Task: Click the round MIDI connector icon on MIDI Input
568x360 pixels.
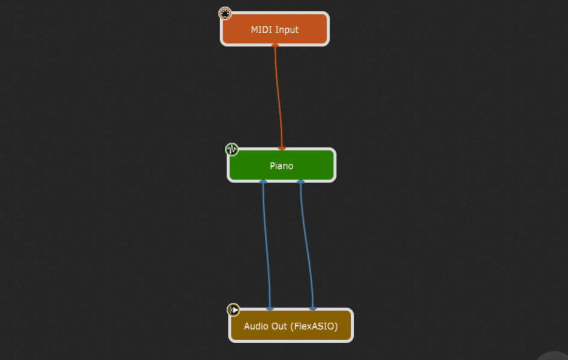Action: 224,13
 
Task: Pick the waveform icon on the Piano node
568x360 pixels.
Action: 232,149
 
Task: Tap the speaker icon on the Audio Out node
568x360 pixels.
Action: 233,310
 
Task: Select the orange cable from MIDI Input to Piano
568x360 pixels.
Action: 279,96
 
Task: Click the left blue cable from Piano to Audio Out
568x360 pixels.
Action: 266,244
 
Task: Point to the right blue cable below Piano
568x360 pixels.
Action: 306,244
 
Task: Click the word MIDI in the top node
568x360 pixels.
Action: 261,29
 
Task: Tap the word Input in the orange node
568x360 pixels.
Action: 287,29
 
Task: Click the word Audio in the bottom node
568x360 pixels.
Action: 256,326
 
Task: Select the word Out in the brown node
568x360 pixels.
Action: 280,326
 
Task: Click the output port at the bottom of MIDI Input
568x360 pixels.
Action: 276,46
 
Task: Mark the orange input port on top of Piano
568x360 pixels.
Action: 282,148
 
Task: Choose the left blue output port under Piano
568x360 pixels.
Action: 262,181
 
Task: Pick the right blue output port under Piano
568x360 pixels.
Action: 301,181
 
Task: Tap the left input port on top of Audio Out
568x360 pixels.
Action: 270,309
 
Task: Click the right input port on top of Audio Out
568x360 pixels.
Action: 313,309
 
